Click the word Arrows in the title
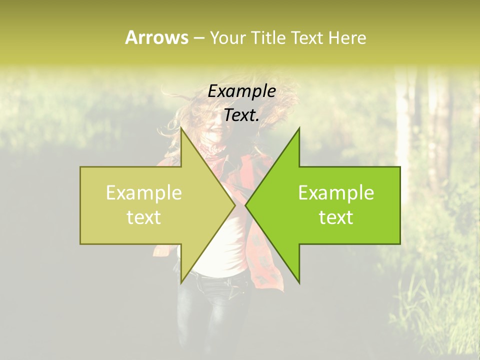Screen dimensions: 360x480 tap(156, 37)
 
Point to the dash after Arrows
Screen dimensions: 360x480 tap(198, 38)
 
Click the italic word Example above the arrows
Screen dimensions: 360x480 tap(241, 91)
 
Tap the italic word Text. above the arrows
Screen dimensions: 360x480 tap(241, 115)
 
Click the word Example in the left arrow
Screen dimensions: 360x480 tap(143, 193)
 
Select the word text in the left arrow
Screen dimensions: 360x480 tap(143, 217)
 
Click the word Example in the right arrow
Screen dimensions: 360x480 tap(336, 193)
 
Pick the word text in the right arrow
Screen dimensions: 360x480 tap(336, 217)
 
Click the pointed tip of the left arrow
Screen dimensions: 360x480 tap(235, 205)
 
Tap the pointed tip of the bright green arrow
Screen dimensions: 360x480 tap(245, 205)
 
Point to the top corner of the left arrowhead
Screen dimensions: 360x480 tap(181, 128)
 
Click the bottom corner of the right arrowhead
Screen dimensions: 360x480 tap(299, 283)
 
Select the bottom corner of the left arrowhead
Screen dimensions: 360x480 tap(181, 283)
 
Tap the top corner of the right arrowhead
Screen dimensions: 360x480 tap(299, 128)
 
